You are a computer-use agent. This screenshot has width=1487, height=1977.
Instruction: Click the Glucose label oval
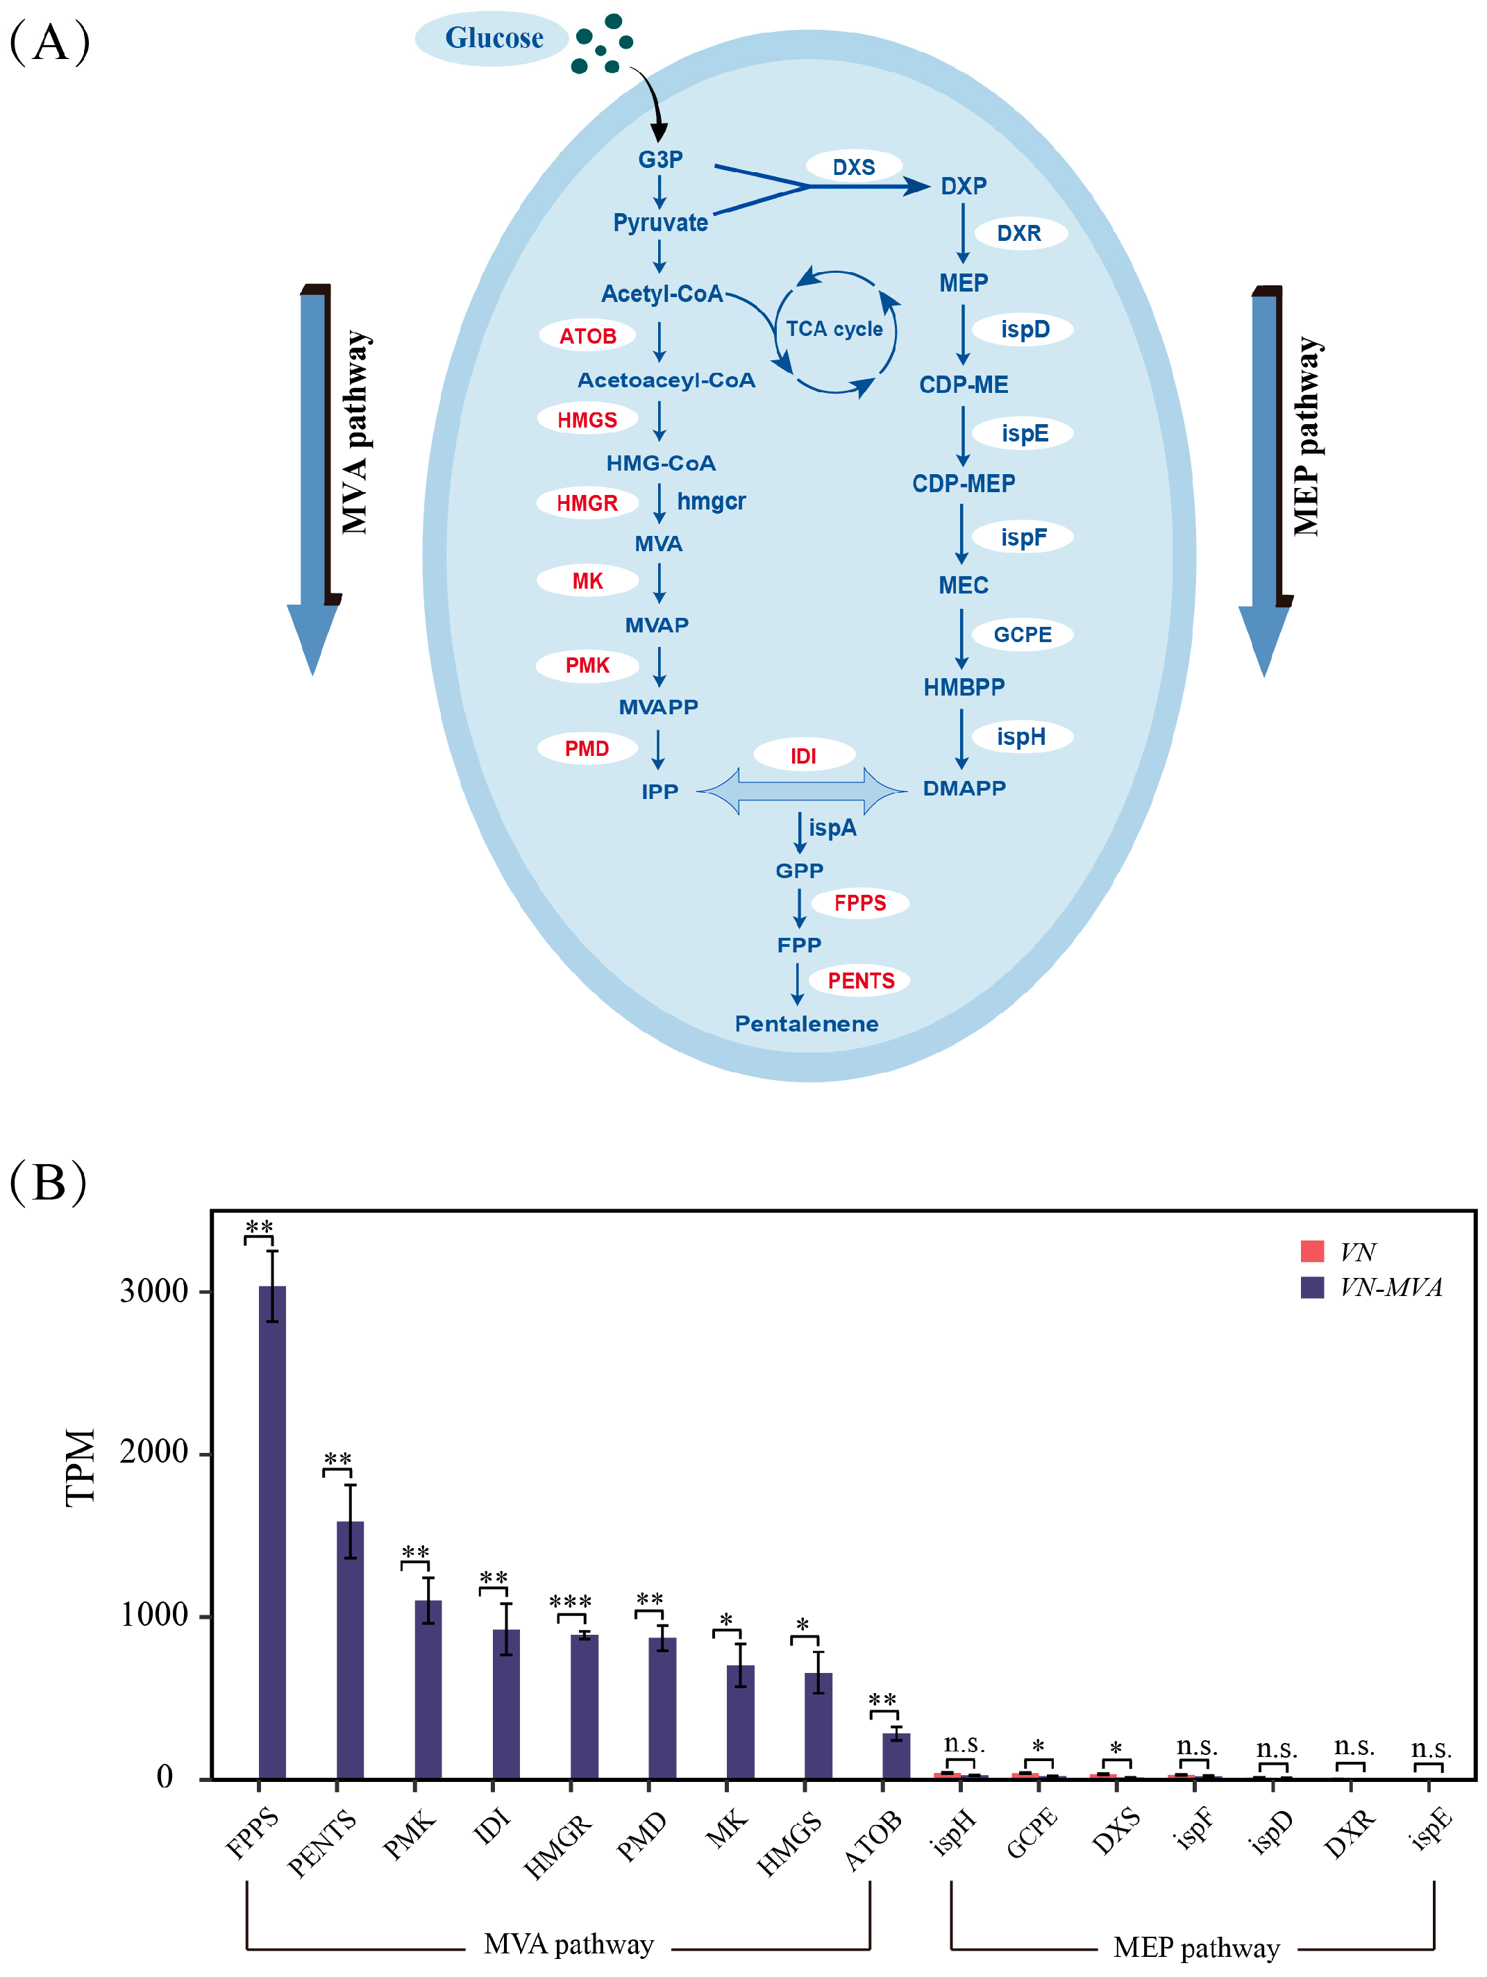492,38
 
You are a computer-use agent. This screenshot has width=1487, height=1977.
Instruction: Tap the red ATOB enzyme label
587,336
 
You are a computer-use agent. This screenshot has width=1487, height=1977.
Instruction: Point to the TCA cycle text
834,329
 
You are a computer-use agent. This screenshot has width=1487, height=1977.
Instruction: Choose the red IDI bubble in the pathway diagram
803,756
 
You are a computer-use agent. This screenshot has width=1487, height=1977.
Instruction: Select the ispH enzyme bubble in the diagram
1020,737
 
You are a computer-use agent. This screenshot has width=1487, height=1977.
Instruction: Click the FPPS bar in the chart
273,1532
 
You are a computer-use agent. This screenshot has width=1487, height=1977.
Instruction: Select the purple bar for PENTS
351,1649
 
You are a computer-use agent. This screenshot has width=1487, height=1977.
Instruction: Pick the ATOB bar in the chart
896,1756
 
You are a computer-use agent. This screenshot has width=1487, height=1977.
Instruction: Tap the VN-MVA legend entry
1372,1288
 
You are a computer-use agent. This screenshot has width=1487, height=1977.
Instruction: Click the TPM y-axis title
81,1467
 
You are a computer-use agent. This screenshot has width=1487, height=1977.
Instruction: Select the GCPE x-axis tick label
1032,1832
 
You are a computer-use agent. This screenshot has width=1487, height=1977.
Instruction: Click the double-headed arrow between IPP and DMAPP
802,790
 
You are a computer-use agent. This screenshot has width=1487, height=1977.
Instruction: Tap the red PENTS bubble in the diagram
859,980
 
